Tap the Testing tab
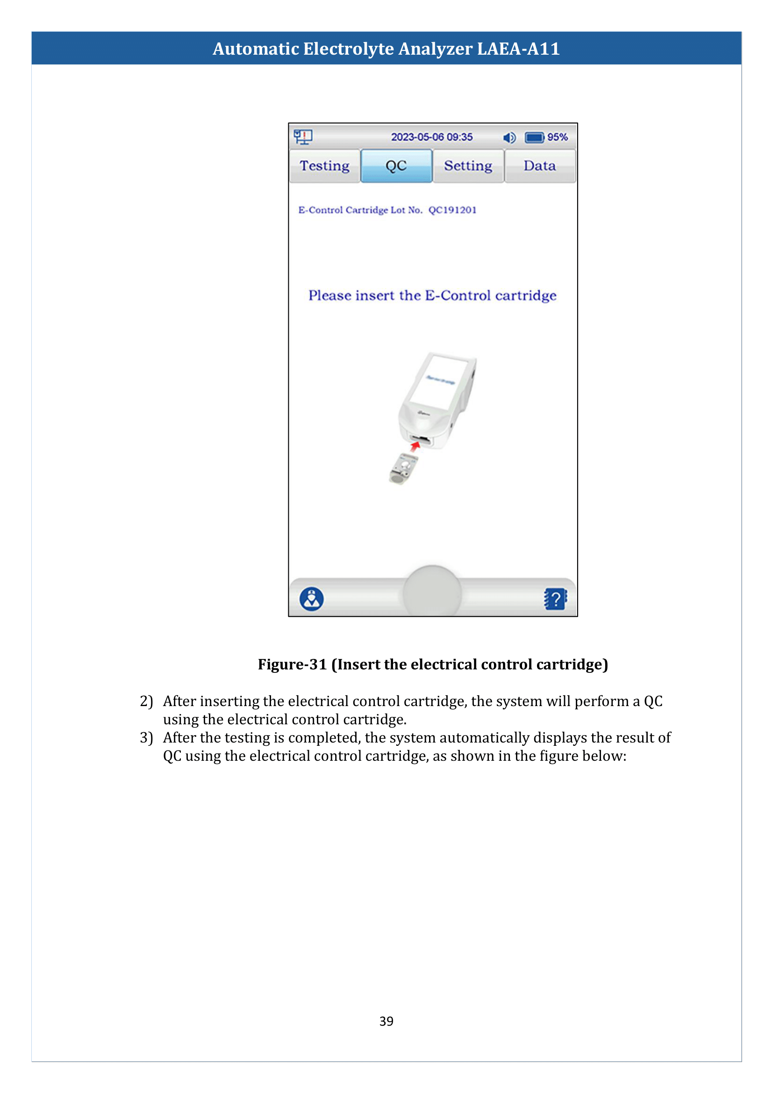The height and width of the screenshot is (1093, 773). point(324,166)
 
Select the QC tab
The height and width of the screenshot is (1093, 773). point(396,166)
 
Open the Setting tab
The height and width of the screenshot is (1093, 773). point(468,166)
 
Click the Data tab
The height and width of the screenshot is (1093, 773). point(540,166)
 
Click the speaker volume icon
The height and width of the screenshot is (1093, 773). point(509,137)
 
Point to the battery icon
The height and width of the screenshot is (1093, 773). point(535,137)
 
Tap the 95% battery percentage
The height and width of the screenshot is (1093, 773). point(558,137)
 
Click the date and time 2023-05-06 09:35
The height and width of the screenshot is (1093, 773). point(432,137)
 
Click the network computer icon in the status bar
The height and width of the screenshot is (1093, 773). point(303,137)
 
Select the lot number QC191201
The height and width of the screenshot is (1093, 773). point(452,210)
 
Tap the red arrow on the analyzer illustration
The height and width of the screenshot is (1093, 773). point(415,446)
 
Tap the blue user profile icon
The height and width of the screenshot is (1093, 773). point(312,599)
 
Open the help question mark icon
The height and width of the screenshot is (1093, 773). point(555,599)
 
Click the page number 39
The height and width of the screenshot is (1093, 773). point(386,1021)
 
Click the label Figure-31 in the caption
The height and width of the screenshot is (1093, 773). point(292,664)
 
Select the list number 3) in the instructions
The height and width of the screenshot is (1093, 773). point(146,737)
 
